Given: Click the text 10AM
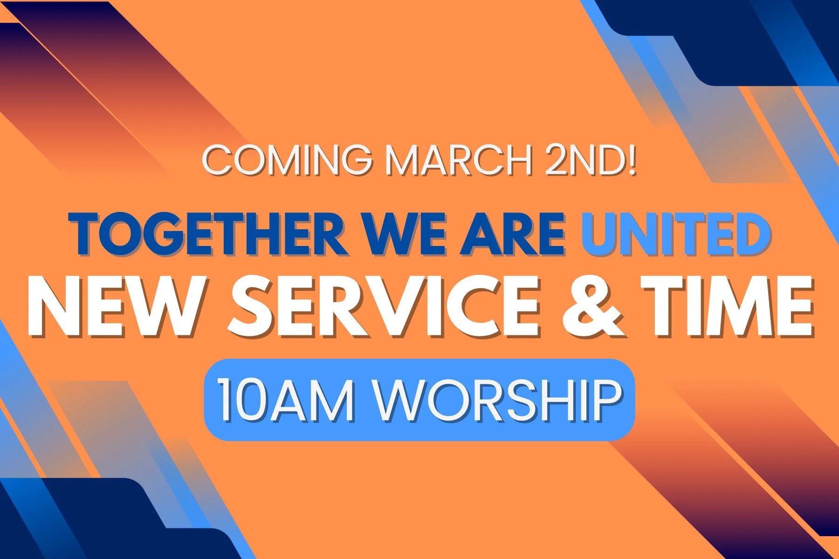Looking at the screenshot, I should tap(285, 401).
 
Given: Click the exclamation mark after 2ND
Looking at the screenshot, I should tap(632, 160).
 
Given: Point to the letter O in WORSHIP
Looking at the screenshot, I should tap(440, 401).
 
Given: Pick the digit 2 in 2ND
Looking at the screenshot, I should tap(557, 160).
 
